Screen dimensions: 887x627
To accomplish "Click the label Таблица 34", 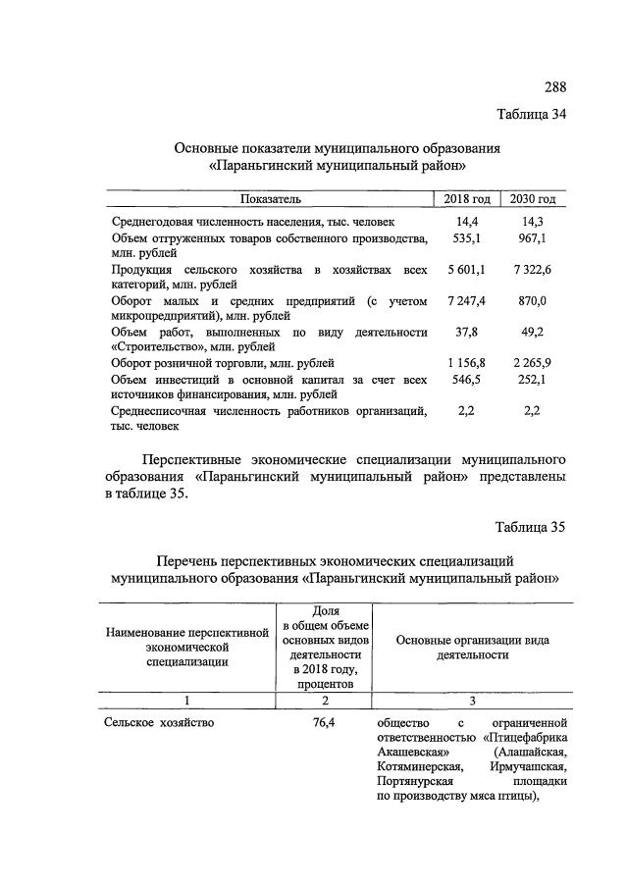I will point(531,114).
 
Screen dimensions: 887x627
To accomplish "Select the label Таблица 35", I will point(531,527).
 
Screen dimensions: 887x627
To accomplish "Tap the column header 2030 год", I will point(533,200).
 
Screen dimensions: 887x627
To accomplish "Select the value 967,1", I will point(533,238).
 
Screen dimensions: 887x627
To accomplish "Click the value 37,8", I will point(467,332).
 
